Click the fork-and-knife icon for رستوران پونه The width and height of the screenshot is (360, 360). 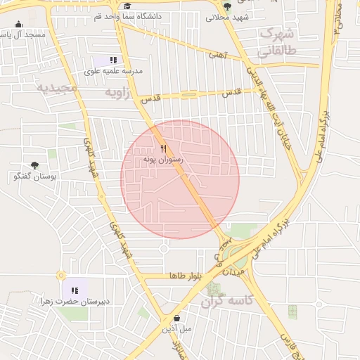pyautogui.click(x=163, y=148)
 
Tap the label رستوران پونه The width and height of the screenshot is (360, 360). pyautogui.click(x=163, y=160)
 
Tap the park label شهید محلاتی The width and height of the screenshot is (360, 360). pyautogui.click(x=224, y=18)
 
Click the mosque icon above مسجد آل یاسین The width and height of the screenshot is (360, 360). pyautogui.click(x=18, y=24)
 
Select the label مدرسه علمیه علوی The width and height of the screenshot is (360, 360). pyautogui.click(x=114, y=71)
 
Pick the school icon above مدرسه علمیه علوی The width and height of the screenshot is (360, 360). pyautogui.click(x=113, y=60)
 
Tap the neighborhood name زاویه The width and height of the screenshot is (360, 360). pyautogui.click(x=118, y=92)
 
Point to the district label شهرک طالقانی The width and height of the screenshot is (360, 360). pyautogui.click(x=278, y=41)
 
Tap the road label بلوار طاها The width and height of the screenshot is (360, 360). pyautogui.click(x=185, y=275)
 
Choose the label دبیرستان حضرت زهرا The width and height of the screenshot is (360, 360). pyautogui.click(x=75, y=302)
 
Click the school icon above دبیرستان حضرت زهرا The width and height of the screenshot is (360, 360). pyautogui.click(x=75, y=290)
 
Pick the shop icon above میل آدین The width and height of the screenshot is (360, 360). pyautogui.click(x=176, y=316)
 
